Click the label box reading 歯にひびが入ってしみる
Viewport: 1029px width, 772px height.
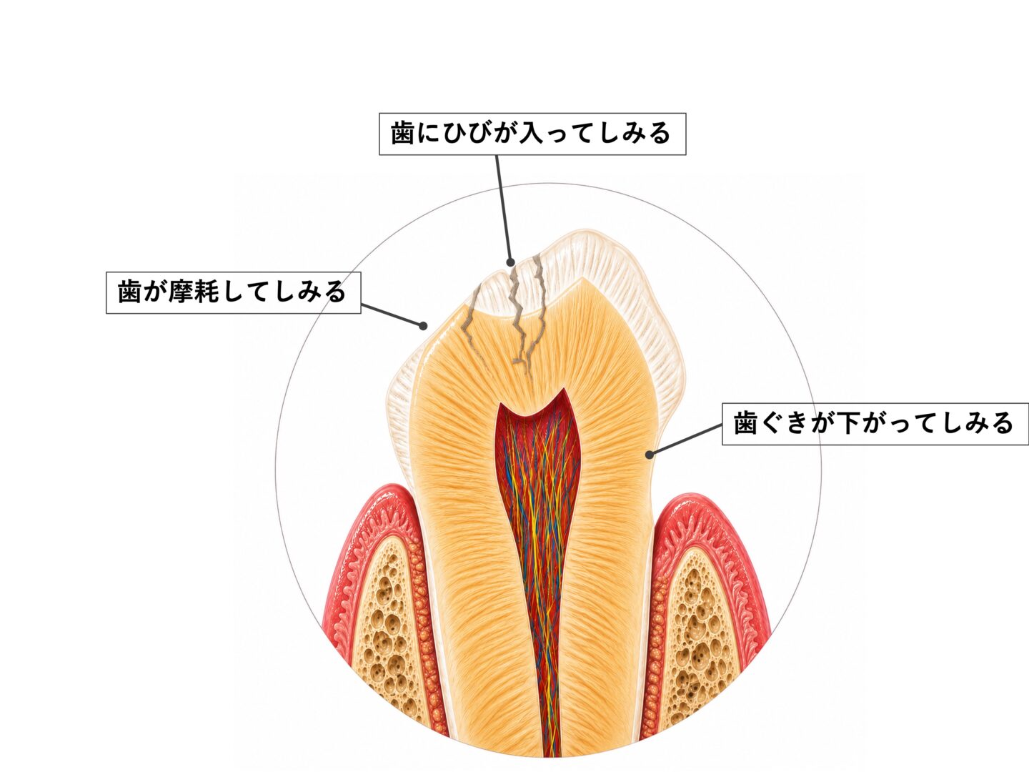pos(532,134)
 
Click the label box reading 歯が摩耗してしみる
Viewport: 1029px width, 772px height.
pos(234,292)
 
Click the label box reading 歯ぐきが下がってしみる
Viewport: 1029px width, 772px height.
pos(875,424)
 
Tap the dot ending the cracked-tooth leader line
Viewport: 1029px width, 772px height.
pos(510,262)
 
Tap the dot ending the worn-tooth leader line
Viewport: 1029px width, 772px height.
pos(423,325)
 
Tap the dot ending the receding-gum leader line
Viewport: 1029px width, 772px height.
pos(650,454)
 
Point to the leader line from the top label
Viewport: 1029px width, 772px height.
pos(504,209)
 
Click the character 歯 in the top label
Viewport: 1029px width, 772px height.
pos(402,134)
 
